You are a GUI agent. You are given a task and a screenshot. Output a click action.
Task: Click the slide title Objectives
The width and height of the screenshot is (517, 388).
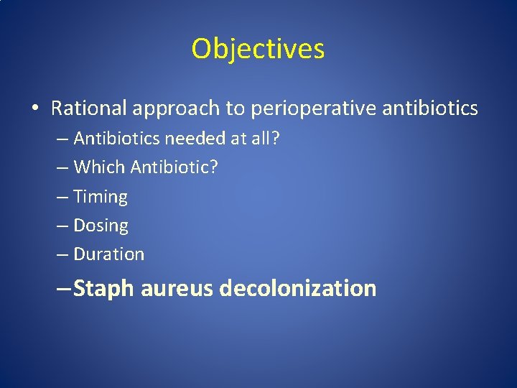258,49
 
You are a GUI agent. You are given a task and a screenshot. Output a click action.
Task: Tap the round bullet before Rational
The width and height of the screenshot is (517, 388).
34,109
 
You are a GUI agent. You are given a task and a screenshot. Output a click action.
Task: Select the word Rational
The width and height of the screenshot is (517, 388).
88,108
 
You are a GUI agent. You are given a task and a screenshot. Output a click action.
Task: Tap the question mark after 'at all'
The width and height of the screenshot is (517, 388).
276,138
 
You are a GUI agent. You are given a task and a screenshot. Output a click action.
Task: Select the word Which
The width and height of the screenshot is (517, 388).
100,167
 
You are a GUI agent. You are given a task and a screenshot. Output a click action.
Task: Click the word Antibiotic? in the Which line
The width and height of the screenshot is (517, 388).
174,167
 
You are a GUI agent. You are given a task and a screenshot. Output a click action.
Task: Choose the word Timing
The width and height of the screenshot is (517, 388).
101,197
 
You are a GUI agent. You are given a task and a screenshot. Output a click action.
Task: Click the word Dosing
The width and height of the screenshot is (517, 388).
101,226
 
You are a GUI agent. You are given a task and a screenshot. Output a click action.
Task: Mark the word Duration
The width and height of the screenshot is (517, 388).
109,254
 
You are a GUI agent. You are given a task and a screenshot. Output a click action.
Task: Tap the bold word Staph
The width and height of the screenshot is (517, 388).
104,289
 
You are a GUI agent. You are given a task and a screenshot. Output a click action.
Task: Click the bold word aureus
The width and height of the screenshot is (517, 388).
177,289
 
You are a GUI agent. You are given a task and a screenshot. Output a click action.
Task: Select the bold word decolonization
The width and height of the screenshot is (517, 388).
298,289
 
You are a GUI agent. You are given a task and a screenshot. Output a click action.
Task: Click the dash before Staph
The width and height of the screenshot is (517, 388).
63,289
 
